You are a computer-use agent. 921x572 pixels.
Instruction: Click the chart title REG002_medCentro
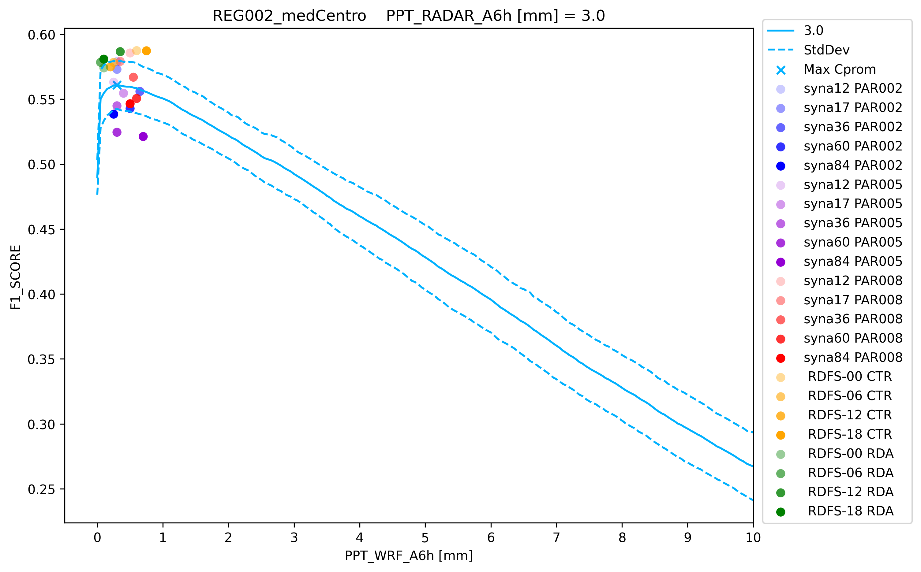289,16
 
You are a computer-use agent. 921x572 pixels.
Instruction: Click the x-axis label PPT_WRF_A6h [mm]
408,556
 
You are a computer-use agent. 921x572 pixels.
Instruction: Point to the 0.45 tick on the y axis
41,230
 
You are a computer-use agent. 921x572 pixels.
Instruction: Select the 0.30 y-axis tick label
41,425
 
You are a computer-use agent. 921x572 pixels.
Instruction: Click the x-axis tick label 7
556,537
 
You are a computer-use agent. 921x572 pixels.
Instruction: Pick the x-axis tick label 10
753,537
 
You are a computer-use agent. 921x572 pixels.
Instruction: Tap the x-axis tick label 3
294,537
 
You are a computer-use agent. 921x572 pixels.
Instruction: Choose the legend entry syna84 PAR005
853,262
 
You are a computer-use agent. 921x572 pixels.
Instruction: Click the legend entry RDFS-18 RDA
851,511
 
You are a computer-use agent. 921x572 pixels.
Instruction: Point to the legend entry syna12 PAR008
853,281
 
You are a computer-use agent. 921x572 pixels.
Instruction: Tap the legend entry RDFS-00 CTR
849,377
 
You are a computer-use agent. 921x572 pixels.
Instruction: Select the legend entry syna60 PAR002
853,146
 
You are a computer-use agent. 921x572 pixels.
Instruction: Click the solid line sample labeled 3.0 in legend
781,31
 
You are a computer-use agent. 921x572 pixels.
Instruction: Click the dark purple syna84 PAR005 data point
143,136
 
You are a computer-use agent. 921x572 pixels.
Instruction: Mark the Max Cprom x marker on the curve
117,85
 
